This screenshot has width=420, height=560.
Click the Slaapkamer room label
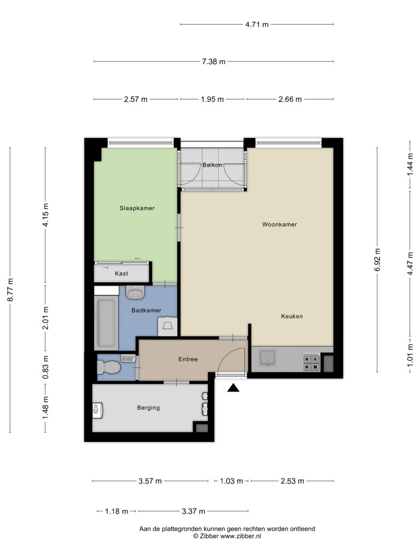coord(137,208)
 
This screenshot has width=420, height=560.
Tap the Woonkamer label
coord(279,224)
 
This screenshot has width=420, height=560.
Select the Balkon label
coord(212,165)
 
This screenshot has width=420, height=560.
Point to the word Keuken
coord(292,316)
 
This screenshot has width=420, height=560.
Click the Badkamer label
coord(146,311)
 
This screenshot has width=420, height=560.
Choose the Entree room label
coord(188,359)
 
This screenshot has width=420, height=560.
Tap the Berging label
coord(148,407)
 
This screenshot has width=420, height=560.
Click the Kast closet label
coord(121,273)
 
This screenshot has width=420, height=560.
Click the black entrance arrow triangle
coord(233,388)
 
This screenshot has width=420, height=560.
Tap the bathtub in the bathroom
coord(107,323)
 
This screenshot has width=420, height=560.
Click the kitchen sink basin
coord(267,358)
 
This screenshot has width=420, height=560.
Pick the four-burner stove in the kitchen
coord(311,362)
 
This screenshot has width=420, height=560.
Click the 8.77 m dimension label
coord(10,290)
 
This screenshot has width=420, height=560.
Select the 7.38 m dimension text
coord(214,61)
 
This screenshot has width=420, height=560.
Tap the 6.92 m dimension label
coord(377,259)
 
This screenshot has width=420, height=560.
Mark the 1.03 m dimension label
coord(231,481)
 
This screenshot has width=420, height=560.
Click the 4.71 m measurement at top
coord(257,25)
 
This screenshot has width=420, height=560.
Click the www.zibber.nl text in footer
coord(241,536)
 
